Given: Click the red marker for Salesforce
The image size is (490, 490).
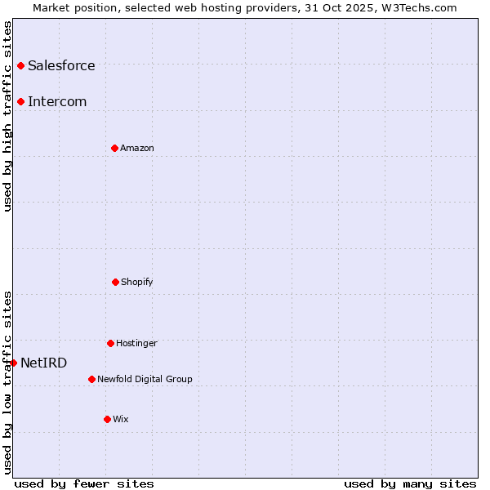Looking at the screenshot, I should [x=20, y=65].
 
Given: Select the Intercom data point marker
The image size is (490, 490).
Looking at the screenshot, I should [x=20, y=101].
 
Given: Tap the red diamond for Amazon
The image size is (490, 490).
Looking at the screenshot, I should [x=114, y=148].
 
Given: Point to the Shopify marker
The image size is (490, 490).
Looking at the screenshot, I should [x=115, y=282].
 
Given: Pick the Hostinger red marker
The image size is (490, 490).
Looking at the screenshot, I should [x=110, y=343].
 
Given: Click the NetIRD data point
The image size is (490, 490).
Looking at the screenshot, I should [x=13, y=363].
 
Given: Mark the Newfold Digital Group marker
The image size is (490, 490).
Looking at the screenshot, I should [x=91, y=379].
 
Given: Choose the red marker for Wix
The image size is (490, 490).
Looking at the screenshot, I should [x=107, y=419].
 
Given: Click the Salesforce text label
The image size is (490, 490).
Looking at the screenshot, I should [x=61, y=65].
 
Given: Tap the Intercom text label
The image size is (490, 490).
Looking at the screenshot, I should [x=57, y=101].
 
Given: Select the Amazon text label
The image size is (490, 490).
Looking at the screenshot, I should [x=137, y=148].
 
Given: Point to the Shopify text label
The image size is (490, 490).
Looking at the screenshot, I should [x=137, y=282].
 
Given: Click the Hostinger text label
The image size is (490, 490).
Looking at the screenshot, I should [x=136, y=343].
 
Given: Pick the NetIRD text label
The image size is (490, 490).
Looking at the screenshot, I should [x=44, y=363].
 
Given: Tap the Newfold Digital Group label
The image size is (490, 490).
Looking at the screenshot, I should [x=145, y=379].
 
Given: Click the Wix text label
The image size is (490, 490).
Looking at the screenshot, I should [x=121, y=419].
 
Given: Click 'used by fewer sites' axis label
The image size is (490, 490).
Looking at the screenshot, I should [x=84, y=483].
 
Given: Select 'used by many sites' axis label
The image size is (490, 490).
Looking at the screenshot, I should [x=410, y=483].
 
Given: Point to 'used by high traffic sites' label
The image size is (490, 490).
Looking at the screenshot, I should [x=7, y=116].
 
